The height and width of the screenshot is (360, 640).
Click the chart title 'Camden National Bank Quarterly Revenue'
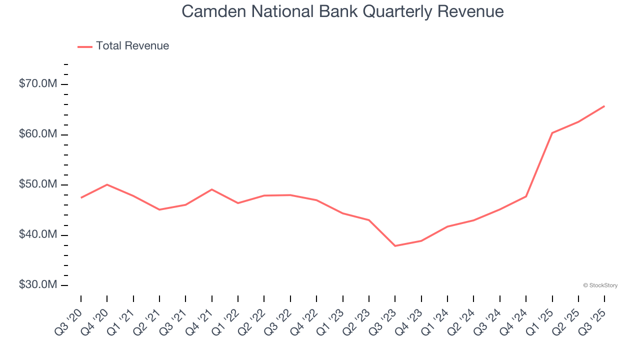coord(342,11)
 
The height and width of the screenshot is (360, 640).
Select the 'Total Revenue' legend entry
coord(132,46)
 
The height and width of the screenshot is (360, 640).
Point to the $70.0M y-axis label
coord(38,84)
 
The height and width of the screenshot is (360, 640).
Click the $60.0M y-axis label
coord(38,134)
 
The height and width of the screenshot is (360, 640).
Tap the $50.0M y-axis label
coord(38,184)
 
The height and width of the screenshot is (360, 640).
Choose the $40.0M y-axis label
coord(38,235)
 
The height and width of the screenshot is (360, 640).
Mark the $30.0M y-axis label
coord(38,285)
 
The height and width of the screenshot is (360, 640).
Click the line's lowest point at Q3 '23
coord(395,246)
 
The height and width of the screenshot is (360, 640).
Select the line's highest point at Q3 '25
coord(604,106)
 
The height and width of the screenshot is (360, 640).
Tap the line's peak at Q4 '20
coord(107,184)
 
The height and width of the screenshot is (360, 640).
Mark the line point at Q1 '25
coord(552,133)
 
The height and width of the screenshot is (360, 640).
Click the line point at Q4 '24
coord(526,196)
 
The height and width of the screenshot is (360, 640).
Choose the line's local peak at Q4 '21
coord(212,189)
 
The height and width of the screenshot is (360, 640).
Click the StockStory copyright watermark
coord(600,285)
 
